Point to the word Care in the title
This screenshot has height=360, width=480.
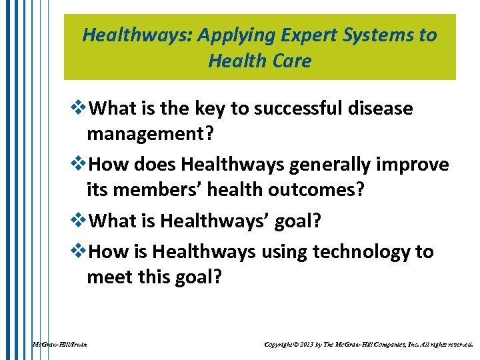point(290,61)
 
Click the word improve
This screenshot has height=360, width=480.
point(413,164)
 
